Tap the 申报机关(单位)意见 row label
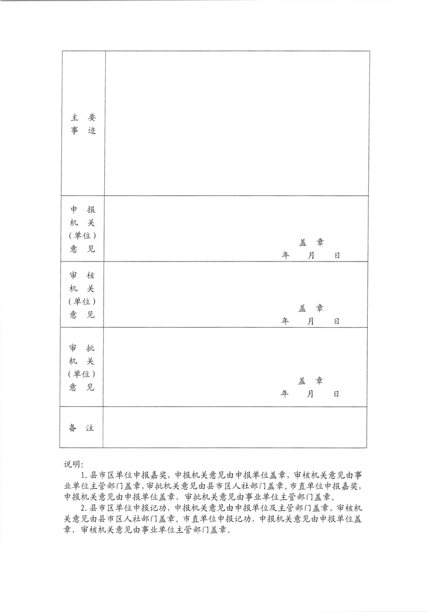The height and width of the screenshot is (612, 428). click(82, 229)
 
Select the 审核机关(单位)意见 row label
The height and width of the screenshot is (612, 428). click(82, 295)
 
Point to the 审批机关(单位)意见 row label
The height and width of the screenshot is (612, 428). click(82, 367)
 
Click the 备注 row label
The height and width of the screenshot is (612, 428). click(82, 428)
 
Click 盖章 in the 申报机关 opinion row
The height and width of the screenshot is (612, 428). click(311, 243)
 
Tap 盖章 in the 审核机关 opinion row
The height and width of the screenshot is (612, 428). click(311, 308)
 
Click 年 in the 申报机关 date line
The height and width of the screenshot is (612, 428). click(285, 255)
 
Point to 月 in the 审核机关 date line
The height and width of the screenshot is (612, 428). click(310, 321)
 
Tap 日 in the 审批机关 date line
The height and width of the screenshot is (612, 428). click(336, 394)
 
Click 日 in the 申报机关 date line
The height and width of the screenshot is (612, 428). click(337, 255)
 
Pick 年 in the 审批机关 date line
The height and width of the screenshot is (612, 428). click(285, 394)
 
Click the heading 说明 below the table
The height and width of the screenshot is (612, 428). click(73, 464)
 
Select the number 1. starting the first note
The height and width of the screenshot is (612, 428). click(85, 475)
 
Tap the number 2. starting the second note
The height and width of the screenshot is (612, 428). click(85, 508)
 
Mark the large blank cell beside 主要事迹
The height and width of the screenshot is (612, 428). click(237, 123)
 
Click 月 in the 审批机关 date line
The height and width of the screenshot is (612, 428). click(310, 394)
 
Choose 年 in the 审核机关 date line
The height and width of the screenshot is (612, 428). click(285, 321)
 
